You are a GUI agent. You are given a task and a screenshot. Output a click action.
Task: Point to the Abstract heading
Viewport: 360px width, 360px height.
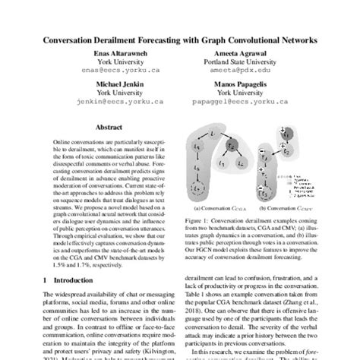101,128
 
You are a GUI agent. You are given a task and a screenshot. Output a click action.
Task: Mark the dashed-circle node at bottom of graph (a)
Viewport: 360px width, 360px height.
219,188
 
